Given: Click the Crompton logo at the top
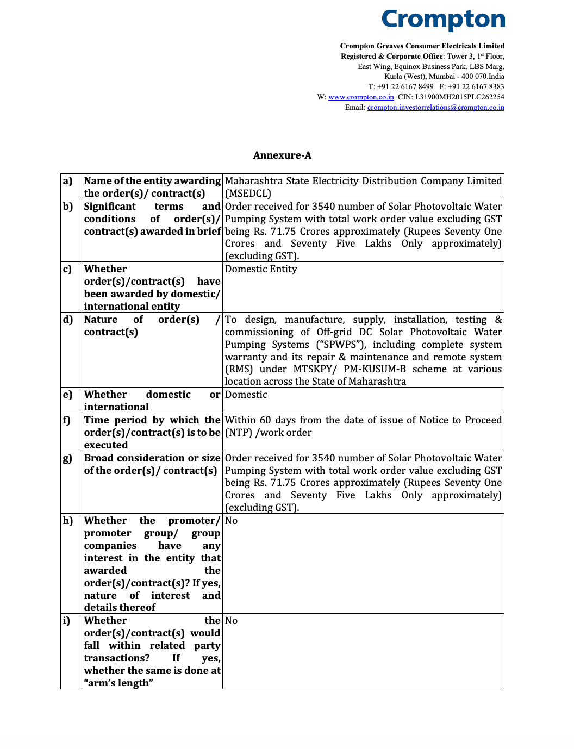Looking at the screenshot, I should [x=443, y=20].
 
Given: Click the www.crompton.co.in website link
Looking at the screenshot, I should [x=361, y=97].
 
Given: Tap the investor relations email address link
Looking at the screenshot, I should [x=435, y=108].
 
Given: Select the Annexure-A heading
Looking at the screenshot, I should [x=282, y=155].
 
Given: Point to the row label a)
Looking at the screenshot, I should [x=67, y=181].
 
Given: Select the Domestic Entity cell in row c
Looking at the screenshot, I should [x=261, y=269].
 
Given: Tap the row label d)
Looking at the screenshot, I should [x=68, y=320].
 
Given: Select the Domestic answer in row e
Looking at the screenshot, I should [x=246, y=395].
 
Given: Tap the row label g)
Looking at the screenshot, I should [x=67, y=458].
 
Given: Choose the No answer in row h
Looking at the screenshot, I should [x=231, y=521].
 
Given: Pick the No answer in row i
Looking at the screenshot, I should [x=231, y=621].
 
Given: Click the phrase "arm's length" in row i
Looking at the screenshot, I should [x=118, y=683].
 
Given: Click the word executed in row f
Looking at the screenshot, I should [x=106, y=445].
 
